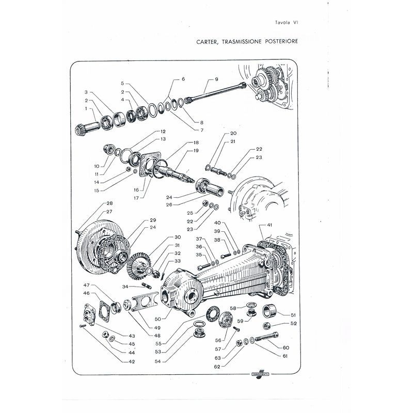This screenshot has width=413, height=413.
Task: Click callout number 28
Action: coord(109,203)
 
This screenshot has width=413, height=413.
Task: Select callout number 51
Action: coord(293,314)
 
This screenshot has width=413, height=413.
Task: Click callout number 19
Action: coord(196,150)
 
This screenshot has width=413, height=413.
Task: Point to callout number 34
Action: coord(125,287)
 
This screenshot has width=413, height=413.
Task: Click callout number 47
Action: coord(87,285)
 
